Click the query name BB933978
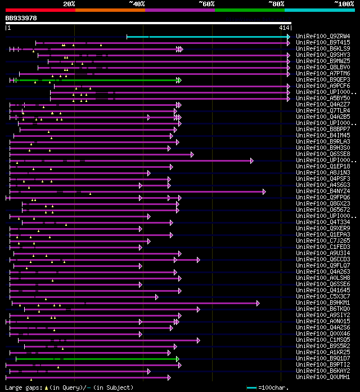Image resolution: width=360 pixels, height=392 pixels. pyautogui.click(x=21, y=18)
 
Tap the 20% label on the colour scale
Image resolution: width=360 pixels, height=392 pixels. pyautogui.click(x=69, y=4)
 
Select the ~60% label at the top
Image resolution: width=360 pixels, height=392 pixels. pyautogui.click(x=206, y=4)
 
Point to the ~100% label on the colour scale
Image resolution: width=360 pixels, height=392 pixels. pyautogui.click(x=344, y=4)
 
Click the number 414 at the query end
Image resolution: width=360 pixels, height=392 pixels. pyautogui.click(x=283, y=28)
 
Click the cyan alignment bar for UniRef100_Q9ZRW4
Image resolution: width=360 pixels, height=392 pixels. pyautogui.click(x=208, y=37)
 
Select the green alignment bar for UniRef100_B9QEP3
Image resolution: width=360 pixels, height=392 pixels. pyautogui.click(x=96, y=80)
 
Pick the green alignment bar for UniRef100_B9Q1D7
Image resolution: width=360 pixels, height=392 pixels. pyautogui.click(x=96, y=359)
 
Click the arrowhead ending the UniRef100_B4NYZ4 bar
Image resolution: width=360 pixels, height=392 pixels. pyautogui.click(x=264, y=191)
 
